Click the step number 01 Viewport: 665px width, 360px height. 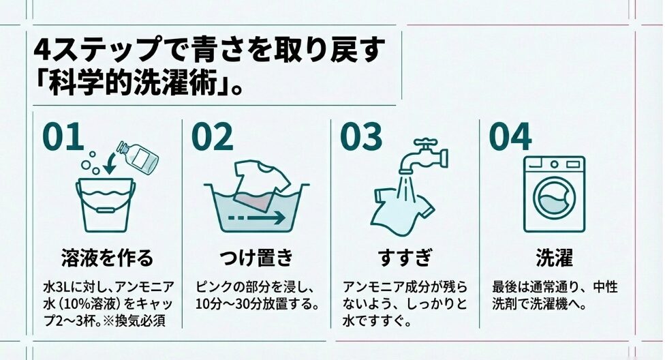click(x=63, y=136)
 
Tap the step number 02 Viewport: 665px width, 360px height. click(x=213, y=136)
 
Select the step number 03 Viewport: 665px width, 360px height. click(x=361, y=136)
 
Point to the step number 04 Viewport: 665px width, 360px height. click(x=510, y=136)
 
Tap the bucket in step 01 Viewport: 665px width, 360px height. click(x=106, y=206)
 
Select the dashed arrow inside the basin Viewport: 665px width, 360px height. click(x=257, y=217)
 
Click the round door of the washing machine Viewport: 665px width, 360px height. click(x=554, y=199)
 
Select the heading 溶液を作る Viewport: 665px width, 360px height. click(x=107, y=258)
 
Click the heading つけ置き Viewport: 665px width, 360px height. click(x=256, y=258)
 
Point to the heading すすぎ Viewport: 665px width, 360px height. click(x=405, y=258)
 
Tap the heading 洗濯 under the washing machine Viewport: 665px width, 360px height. click(x=555, y=258)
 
